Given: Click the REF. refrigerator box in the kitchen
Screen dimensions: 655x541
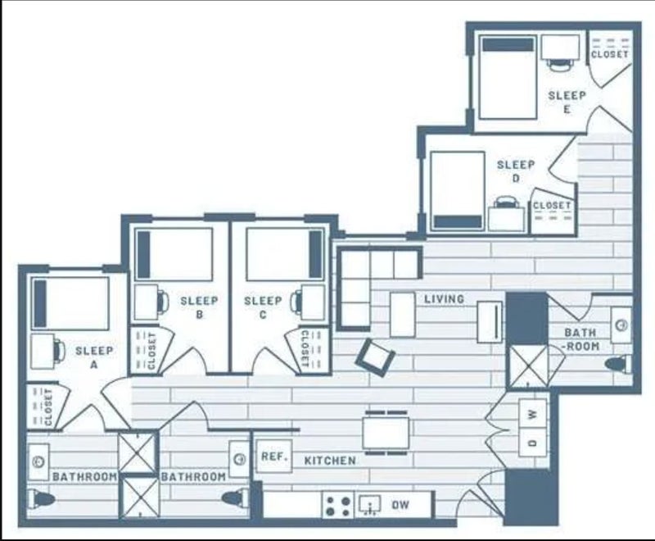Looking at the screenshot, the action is (x=274, y=457).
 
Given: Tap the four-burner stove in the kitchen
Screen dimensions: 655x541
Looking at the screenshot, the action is (x=338, y=506).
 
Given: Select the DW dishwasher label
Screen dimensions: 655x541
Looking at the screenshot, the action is (x=400, y=505).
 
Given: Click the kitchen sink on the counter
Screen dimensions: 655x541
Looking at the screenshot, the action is (x=370, y=506).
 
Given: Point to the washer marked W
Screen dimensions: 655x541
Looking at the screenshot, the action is (x=532, y=414).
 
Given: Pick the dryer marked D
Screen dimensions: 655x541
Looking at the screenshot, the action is (x=532, y=443).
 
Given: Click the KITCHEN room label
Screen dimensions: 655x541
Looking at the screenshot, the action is (x=330, y=461).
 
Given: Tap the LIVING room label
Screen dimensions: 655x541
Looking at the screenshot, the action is (x=444, y=299).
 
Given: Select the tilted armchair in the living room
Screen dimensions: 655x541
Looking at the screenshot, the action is (x=375, y=356).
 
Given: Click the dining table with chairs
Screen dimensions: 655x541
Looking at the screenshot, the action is (x=386, y=432).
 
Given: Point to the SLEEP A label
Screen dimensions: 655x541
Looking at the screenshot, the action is (x=94, y=357).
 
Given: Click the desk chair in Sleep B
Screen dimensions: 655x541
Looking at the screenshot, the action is (x=163, y=301).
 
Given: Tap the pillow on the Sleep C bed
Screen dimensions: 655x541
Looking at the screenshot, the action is (x=315, y=254).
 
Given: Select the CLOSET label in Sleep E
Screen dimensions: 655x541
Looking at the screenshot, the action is (x=610, y=54).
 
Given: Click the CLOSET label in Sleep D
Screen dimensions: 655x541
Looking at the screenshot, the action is (x=552, y=206).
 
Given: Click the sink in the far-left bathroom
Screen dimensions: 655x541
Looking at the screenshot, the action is (x=38, y=461).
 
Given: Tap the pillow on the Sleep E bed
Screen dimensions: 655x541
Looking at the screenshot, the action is (x=508, y=45).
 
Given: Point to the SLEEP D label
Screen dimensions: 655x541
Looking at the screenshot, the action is (x=516, y=171).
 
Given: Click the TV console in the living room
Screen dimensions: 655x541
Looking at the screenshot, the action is (x=490, y=321).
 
